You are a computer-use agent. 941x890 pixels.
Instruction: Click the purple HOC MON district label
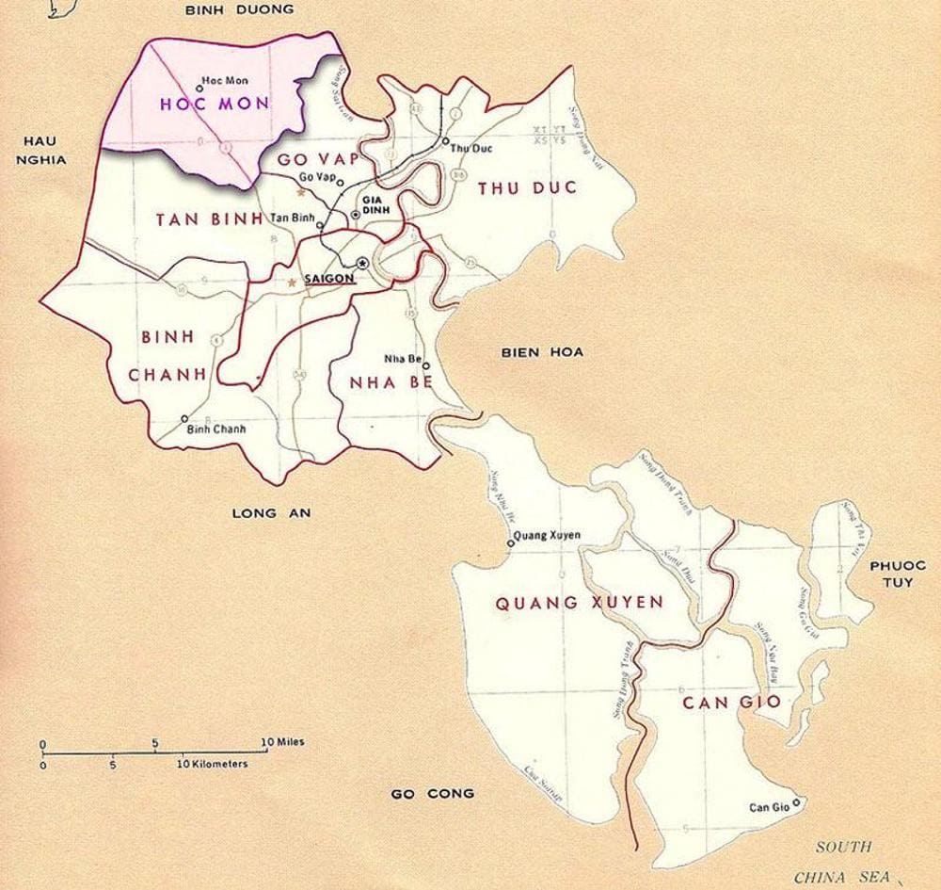click(x=215, y=105)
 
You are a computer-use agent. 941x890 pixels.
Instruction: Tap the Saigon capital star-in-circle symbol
click(x=362, y=264)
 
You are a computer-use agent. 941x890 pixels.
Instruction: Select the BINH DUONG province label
click(x=239, y=9)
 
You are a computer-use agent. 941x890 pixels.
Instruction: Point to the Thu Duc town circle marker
click(x=445, y=141)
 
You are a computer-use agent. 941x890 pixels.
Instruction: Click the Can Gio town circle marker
click(x=797, y=802)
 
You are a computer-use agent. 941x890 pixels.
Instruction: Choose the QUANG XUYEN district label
click(x=580, y=602)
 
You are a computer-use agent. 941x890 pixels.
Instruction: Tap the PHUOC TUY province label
click(x=897, y=574)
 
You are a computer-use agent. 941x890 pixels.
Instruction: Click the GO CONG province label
click(x=433, y=794)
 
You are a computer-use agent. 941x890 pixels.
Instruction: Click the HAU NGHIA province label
click(x=40, y=151)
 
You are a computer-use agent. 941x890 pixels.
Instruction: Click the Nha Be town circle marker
click(x=425, y=366)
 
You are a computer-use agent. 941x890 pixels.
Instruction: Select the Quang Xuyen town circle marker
click(x=511, y=542)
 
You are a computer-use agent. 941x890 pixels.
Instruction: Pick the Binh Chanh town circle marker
click(x=184, y=419)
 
